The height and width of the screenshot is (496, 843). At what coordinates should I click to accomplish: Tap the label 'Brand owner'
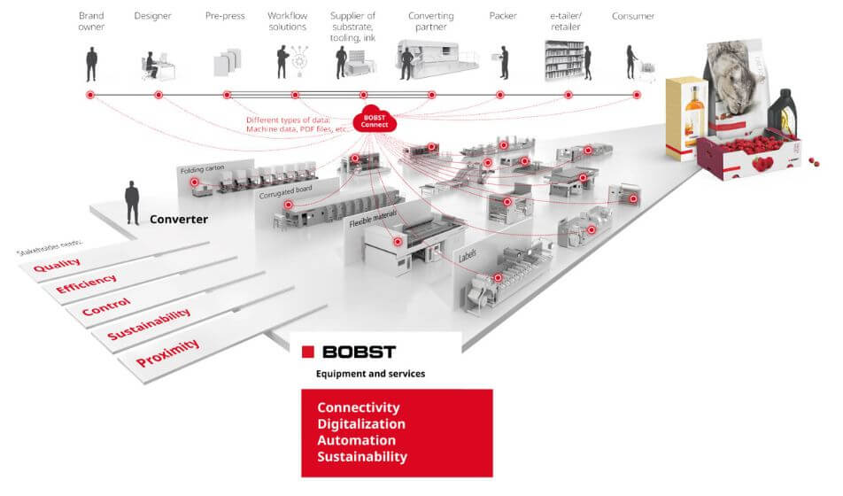click(91, 21)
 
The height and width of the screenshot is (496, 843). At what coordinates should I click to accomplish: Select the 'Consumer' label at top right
click(633, 16)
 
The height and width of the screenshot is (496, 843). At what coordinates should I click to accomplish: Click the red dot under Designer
click(159, 95)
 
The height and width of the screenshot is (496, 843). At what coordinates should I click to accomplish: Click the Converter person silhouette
click(133, 202)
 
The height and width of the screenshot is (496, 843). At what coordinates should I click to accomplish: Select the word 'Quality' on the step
click(57, 265)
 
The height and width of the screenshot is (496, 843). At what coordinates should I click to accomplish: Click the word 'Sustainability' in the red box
click(362, 457)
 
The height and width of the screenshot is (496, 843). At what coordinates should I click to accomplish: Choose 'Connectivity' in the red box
click(359, 407)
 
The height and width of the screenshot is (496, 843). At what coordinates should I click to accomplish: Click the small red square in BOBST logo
click(307, 352)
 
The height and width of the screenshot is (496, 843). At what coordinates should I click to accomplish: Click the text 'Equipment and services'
click(370, 374)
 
